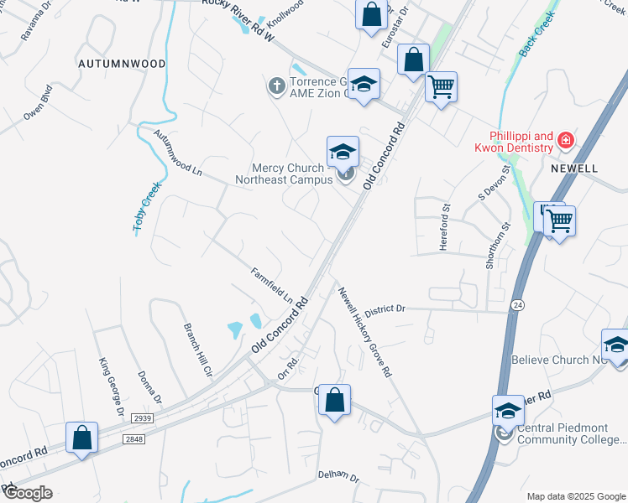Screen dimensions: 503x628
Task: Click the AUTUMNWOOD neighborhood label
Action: [121, 64]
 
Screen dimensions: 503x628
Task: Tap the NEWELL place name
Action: [574, 169]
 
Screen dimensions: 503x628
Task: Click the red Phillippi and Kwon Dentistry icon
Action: [567, 140]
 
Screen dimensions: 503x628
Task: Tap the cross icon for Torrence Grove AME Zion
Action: [276, 86]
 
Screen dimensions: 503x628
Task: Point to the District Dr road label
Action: [385, 309]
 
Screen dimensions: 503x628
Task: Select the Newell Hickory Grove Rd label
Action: [365, 331]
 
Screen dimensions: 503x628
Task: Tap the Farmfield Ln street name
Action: [271, 284]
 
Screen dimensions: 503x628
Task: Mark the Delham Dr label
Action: [338, 477]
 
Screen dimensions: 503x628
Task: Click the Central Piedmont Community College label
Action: [571, 433]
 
